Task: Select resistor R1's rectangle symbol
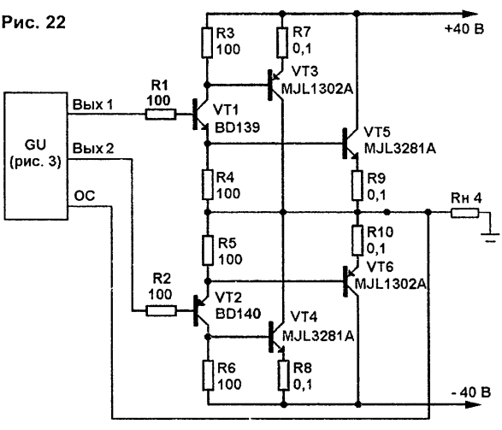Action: pyautogui.click(x=161, y=115)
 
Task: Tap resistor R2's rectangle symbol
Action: pyautogui.click(x=161, y=311)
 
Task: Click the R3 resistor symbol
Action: pyautogui.click(x=207, y=43)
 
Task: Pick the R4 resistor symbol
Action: pyautogui.click(x=208, y=185)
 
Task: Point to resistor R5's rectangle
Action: pyautogui.click(x=208, y=250)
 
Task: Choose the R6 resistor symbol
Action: pyautogui.click(x=208, y=375)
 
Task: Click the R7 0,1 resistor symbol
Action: pyautogui.click(x=281, y=43)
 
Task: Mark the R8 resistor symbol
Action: pyautogui.click(x=283, y=375)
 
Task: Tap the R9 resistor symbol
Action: pyautogui.click(x=357, y=186)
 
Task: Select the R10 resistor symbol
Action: pyautogui.click(x=357, y=240)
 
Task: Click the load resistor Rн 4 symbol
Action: pyautogui.click(x=465, y=213)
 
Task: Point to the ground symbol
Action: pyautogui.click(x=489, y=238)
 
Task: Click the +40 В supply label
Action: pyautogui.click(x=464, y=29)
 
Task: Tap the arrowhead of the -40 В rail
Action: pyautogui.click(x=470, y=404)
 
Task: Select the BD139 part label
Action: pyautogui.click(x=237, y=127)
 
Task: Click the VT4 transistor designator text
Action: pyautogui.click(x=304, y=317)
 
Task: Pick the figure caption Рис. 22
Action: pyautogui.click(x=33, y=22)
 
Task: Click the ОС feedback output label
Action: pyautogui.click(x=85, y=196)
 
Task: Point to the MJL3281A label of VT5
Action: pyautogui.click(x=400, y=148)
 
